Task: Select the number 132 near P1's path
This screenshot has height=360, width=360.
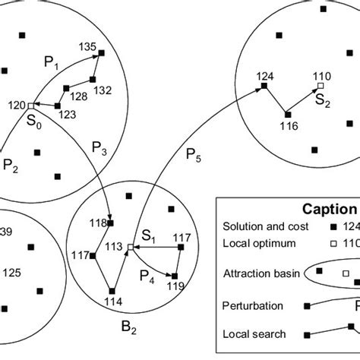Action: pos(102,90)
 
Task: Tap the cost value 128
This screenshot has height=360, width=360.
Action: pos(78,96)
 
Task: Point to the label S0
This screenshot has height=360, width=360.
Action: pos(35,120)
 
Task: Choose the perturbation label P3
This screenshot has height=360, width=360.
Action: pos(99,146)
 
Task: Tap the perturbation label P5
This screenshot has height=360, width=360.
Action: pos(194,159)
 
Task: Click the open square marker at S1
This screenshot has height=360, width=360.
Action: pos(130,247)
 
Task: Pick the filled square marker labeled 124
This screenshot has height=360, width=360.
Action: pos(264,87)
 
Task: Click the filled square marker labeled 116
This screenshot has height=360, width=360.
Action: pos(287,115)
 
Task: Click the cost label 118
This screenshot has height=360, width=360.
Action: pos(97,223)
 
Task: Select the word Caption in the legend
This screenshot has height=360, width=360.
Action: pos(332,208)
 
